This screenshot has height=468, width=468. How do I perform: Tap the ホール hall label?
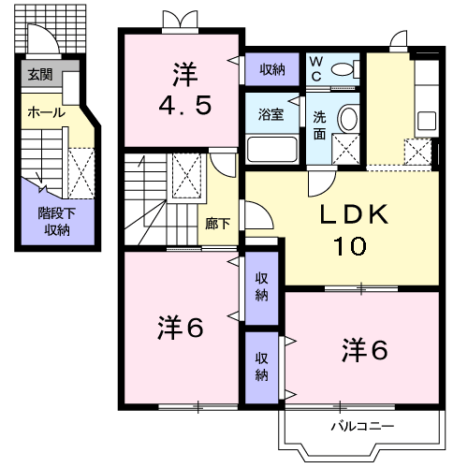[46, 112]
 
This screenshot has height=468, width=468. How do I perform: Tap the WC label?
[315, 68]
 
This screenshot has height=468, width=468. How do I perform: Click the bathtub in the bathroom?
[271, 150]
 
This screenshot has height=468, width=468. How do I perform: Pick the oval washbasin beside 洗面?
[347, 119]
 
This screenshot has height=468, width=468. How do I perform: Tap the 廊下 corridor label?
[217, 224]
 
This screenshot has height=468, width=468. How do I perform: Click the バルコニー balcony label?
[361, 427]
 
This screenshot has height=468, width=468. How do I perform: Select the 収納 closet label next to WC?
[272, 69]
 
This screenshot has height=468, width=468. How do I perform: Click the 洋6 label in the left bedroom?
[180, 329]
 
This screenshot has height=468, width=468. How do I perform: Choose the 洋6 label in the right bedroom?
[364, 349]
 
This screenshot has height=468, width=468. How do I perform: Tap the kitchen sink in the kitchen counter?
[427, 121]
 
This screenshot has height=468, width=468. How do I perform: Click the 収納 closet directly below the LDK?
[261, 286]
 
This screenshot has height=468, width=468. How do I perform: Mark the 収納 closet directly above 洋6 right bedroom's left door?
[261, 366]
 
